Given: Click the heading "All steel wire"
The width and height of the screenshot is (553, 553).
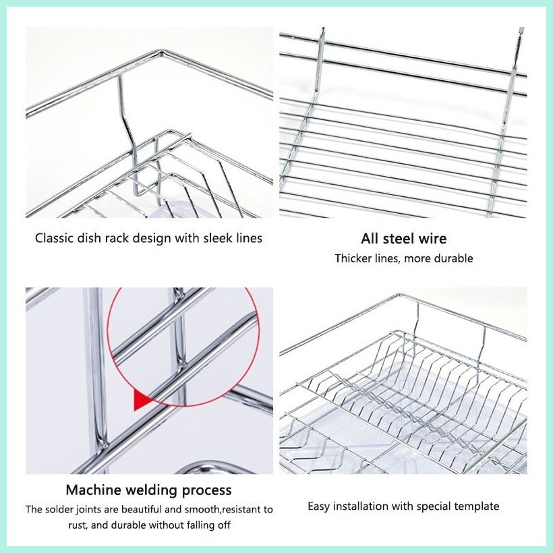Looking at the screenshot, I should pyautogui.click(x=403, y=238).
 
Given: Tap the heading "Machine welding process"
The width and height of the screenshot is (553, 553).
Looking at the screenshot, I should pyautogui.click(x=148, y=490).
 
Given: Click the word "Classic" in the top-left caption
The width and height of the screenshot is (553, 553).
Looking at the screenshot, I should pyautogui.click(x=55, y=238).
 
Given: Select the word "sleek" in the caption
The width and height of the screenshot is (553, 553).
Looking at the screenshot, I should pyautogui.click(x=216, y=238).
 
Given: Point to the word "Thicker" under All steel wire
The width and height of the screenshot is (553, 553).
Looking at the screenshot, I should pyautogui.click(x=354, y=258).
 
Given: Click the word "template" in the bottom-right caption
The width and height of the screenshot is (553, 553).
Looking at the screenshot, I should pyautogui.click(x=476, y=506).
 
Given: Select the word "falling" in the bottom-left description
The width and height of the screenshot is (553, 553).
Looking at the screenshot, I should pyautogui.click(x=190, y=525).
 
